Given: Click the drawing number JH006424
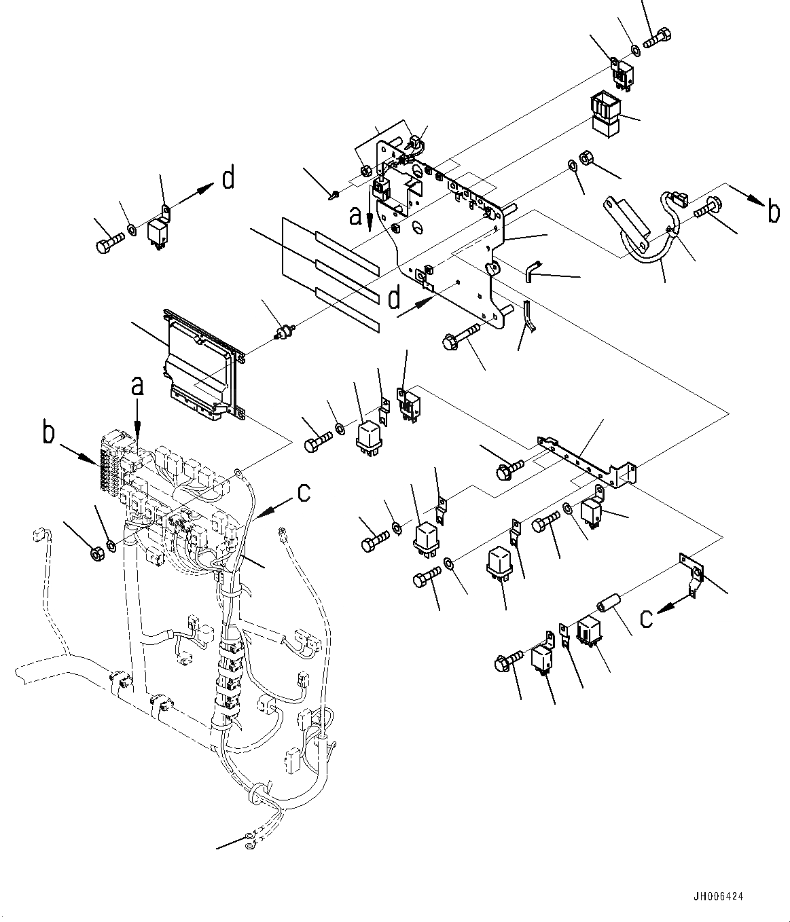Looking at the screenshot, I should coord(719,896).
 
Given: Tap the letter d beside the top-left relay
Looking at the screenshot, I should coord(228,179).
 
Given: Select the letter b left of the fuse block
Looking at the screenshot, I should coord(48,432).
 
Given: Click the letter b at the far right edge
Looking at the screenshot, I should coord(773,212).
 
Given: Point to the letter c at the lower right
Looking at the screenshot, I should coord(647,617).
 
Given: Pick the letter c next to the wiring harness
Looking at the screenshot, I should coord(304,492).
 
